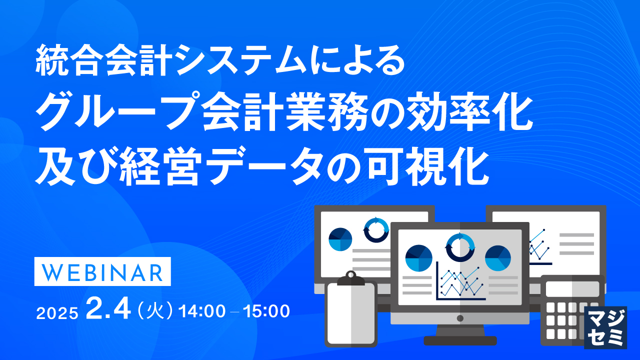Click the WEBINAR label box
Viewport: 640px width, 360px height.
[102, 271]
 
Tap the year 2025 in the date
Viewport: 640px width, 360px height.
[57, 312]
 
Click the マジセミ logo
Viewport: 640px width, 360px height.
[605, 327]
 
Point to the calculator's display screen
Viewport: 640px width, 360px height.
[572, 289]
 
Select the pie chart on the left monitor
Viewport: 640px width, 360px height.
[340, 239]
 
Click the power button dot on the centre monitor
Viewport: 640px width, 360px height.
[460, 318]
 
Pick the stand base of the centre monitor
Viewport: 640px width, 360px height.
[460, 340]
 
